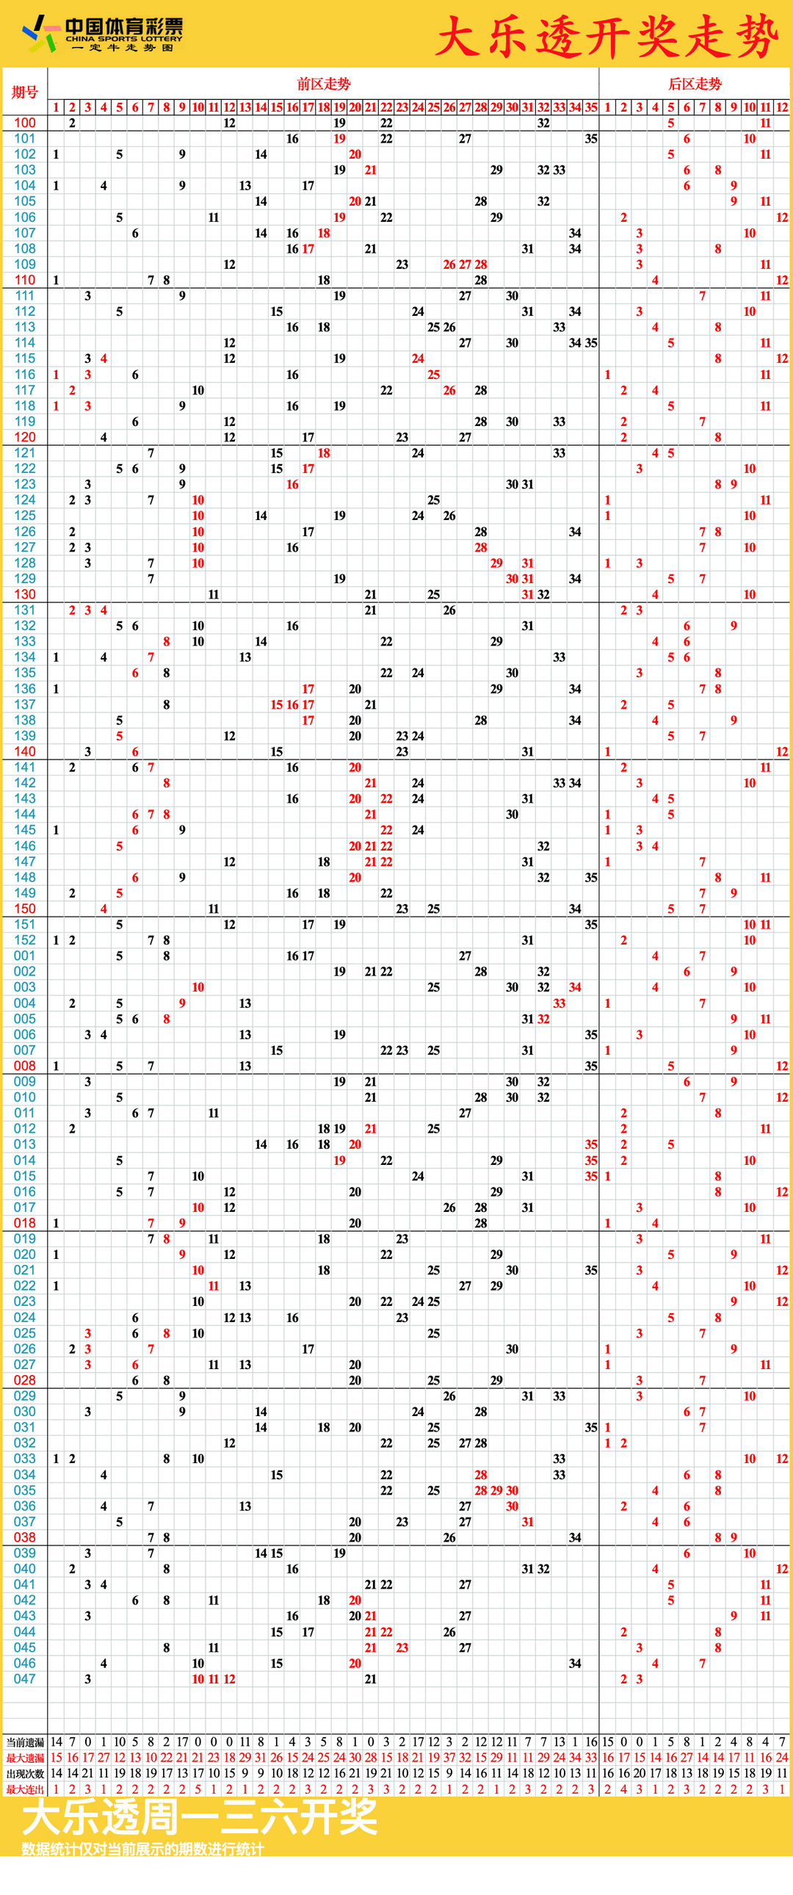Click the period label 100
point(24,123)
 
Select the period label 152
point(24,939)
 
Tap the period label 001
point(24,956)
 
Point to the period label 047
point(24,1679)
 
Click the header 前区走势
point(323,84)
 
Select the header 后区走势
point(695,84)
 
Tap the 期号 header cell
point(24,92)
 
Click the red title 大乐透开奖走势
point(606,36)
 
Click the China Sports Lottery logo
point(103,34)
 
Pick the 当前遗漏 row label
point(25,1742)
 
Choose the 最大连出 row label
point(25,1789)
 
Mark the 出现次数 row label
point(25,1774)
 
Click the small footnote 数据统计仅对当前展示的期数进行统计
point(142,1849)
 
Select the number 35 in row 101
point(590,138)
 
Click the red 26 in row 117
point(449,390)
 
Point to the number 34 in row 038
point(574,1537)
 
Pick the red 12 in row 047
point(230,1679)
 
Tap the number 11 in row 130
point(214,594)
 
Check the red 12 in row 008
point(781,1066)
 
